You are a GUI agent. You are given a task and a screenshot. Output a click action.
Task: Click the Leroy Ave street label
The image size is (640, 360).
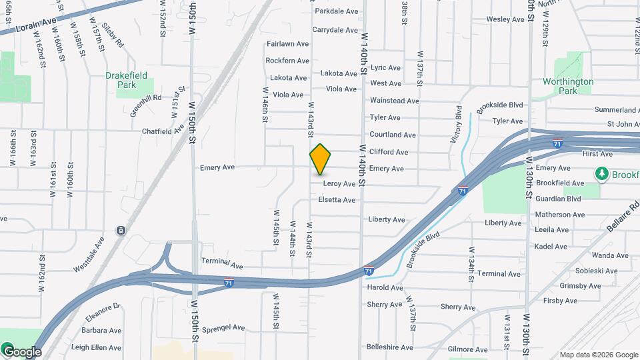click(339, 183)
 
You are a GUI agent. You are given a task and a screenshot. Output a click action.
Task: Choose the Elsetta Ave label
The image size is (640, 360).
click(337, 200)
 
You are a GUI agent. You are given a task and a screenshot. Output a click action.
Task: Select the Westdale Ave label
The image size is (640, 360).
click(89, 254)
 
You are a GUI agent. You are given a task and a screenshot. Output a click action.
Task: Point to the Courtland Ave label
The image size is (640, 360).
click(393, 135)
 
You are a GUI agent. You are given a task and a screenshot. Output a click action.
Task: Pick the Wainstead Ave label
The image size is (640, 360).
click(394, 101)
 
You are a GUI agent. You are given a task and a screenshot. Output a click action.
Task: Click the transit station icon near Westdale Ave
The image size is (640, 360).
click(121, 231)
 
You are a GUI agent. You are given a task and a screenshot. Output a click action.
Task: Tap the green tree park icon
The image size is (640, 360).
click(602, 174)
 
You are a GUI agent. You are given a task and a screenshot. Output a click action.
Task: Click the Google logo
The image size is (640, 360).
click(22, 351)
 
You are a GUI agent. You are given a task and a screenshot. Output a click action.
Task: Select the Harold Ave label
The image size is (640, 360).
click(385, 288)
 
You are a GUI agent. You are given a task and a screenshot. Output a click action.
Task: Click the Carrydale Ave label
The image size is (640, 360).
click(336, 30)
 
